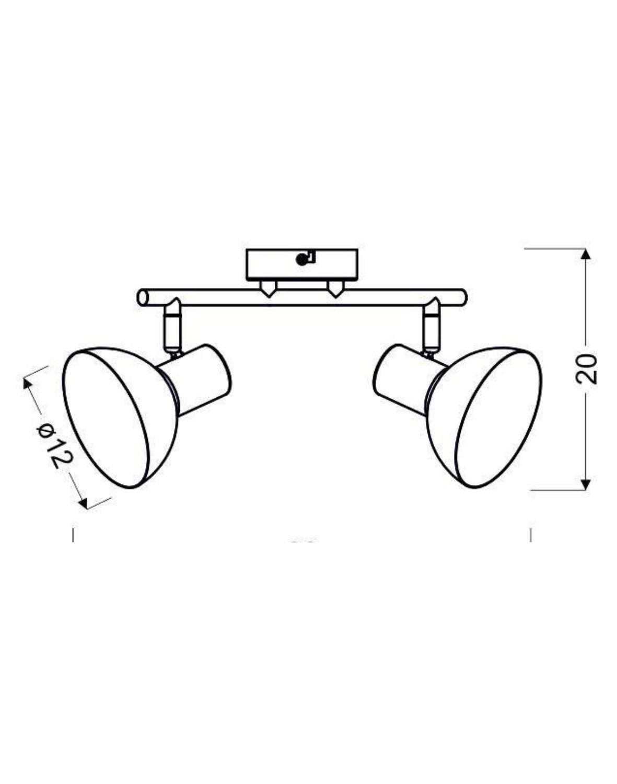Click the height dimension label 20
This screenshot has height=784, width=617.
point(586,369)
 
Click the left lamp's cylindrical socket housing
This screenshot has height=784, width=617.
point(201,379)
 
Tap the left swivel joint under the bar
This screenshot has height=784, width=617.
point(172,327)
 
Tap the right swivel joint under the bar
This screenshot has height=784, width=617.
point(432,327)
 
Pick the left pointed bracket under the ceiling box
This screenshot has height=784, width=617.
point(269,289)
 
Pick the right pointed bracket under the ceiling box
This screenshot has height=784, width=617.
point(334,289)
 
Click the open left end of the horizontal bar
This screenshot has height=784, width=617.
point(142,298)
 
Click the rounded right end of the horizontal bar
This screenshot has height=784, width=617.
point(462,296)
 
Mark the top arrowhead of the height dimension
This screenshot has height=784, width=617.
point(586,255)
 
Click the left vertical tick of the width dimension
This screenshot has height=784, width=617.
point(73,535)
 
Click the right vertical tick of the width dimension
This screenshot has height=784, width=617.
point(531,535)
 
